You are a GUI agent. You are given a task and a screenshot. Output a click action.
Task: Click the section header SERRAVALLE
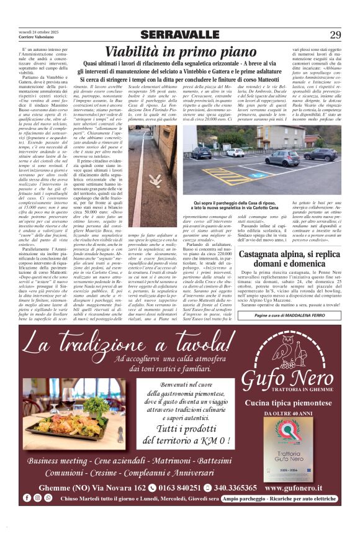(x=179, y=35)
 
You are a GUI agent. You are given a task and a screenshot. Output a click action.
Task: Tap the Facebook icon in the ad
(x=27, y=498)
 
